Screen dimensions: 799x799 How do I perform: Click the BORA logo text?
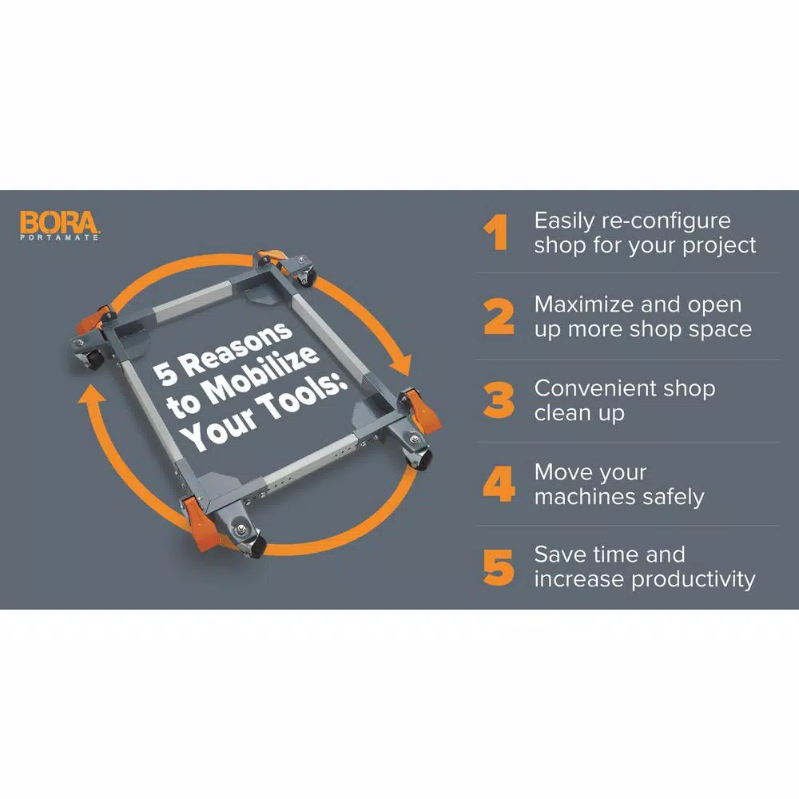tap(59, 222)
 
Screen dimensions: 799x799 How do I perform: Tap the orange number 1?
tap(496, 233)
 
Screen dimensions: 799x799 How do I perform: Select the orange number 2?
tap(499, 316)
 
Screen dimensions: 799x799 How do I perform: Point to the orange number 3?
tap(499, 400)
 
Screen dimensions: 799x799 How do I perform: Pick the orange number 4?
tap(499, 483)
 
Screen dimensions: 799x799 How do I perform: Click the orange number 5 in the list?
tap(499, 567)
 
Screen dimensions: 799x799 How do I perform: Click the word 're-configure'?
tap(666, 221)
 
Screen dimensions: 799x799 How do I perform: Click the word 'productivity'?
tap(694, 580)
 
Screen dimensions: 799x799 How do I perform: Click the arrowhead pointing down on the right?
tap(402, 365)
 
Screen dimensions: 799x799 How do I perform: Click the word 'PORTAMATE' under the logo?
tap(59, 237)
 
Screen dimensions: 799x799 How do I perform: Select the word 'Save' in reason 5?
tap(559, 555)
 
